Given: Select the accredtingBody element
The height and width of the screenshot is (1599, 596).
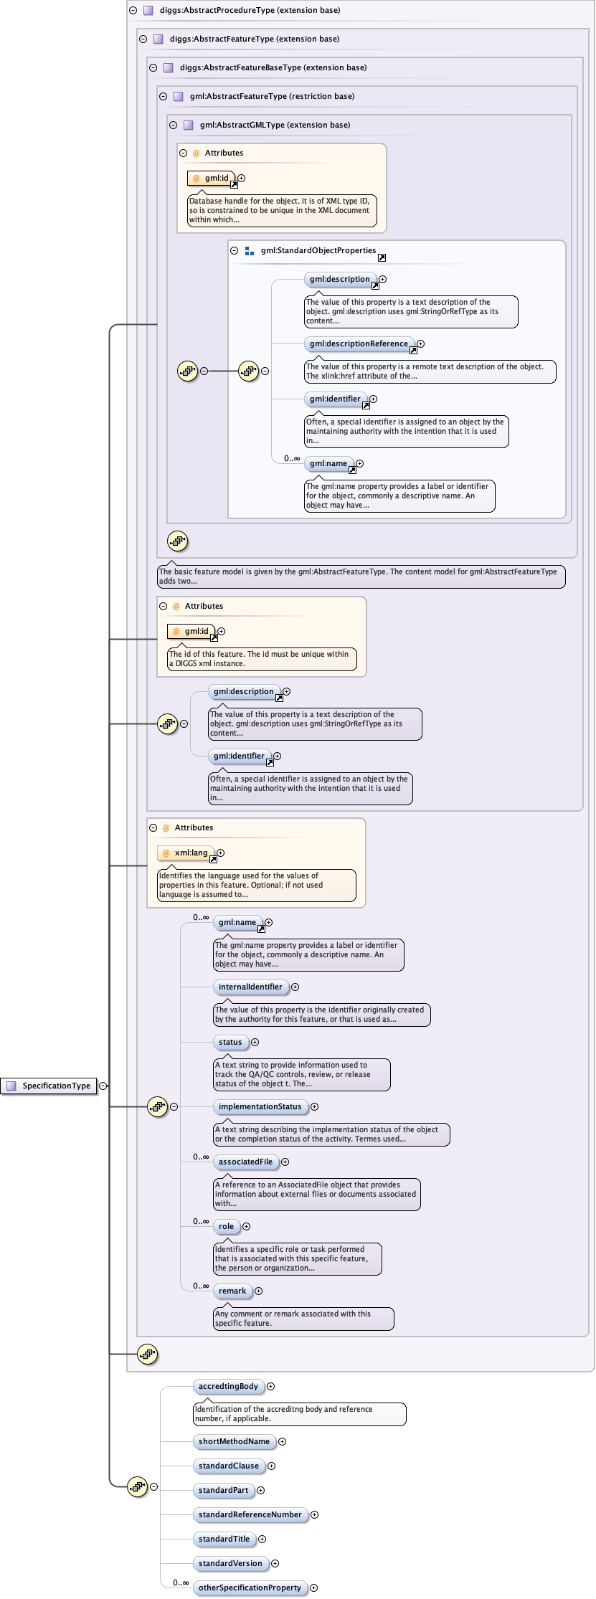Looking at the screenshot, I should [228, 1386].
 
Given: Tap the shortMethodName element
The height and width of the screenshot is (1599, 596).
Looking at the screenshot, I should [234, 1441].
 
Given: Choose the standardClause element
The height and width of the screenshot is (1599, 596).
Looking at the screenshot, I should [228, 1466].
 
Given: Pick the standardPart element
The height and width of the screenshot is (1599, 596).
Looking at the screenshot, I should [223, 1490].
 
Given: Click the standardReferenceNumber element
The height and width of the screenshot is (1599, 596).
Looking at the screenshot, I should [250, 1514].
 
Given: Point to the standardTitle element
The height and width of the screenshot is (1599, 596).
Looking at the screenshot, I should [224, 1539].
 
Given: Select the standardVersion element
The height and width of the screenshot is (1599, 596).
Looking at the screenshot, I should [230, 1563].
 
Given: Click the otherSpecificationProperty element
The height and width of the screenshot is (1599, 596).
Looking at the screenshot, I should [250, 1588].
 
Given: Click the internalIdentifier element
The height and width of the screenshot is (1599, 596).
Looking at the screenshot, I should [250, 987].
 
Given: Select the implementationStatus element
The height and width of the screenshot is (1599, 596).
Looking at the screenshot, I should [260, 1106].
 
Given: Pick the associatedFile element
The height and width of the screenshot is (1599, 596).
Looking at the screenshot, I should [245, 1162].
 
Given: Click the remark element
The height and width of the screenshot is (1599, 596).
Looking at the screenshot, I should [232, 1291].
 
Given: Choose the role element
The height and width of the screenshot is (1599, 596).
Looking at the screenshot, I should [226, 1226].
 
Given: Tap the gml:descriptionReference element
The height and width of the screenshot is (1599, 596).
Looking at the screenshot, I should [359, 343].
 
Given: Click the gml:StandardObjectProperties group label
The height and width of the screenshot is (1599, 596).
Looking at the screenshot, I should [318, 250].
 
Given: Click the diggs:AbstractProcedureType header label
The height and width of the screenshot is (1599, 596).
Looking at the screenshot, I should [250, 10].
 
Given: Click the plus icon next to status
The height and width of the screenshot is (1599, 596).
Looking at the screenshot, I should [255, 1043].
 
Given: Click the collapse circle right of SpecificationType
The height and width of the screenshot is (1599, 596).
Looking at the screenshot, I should [103, 1086].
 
